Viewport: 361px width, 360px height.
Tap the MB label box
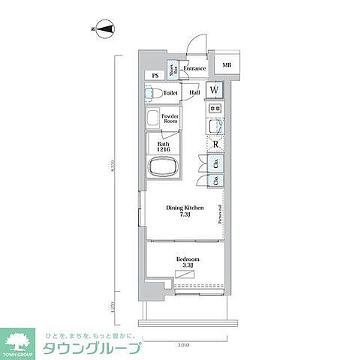(227, 64)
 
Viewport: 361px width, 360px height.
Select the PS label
(155, 76)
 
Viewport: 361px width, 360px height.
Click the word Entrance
(194, 69)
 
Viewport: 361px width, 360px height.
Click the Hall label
(194, 92)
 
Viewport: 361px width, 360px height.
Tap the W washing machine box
(215, 91)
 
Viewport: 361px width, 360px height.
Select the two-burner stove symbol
(215, 109)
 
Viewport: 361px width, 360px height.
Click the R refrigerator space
(215, 145)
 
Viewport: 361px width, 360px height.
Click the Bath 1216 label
(164, 148)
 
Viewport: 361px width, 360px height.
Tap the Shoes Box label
(173, 69)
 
